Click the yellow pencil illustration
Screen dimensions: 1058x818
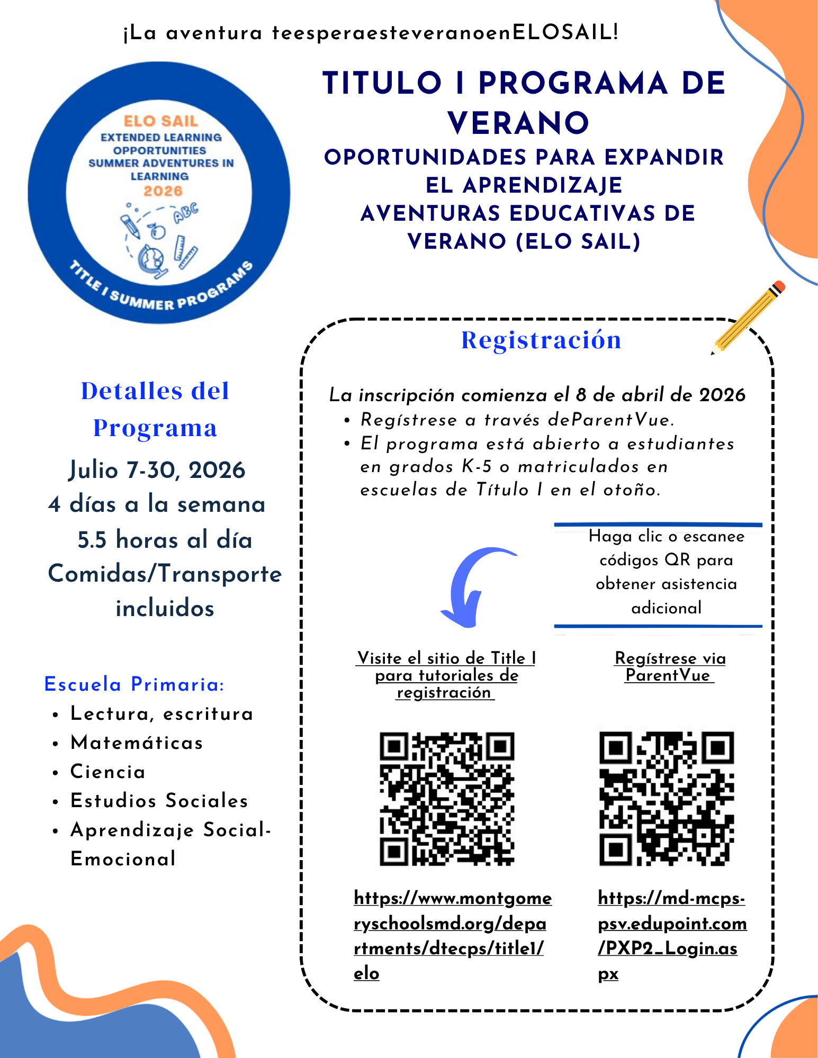[748, 318]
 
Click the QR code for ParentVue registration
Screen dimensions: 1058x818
[666, 798]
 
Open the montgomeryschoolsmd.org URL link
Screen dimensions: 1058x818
[450, 935]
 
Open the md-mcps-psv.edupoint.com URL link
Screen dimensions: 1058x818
[671, 935]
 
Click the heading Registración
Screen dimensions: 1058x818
[541, 340]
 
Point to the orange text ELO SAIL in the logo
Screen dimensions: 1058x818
[161, 121]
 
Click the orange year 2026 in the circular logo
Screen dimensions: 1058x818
[163, 191]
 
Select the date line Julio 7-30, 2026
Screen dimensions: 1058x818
[157, 470]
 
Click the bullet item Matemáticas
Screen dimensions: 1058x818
[137, 743]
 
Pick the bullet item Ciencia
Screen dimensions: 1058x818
[108, 772]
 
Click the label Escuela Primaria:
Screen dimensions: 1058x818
[134, 684]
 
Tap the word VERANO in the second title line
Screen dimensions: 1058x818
[518, 123]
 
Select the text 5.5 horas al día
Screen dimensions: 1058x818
[165, 540]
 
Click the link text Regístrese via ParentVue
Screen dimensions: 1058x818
[669, 666]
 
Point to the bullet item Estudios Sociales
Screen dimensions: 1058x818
[159, 801]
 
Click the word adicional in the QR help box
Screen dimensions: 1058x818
[666, 608]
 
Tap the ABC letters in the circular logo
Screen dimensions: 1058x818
[186, 212]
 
